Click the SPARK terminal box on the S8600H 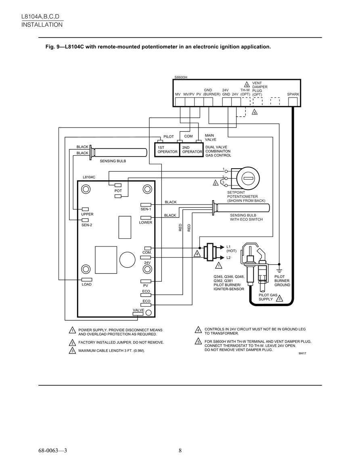pyautogui.click(x=293, y=102)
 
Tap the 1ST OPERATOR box pyautogui.click(x=167, y=150)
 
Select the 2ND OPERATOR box pyautogui.click(x=191, y=150)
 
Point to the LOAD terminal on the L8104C pyautogui.click(x=86, y=280)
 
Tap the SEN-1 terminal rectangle pyautogui.click(x=146, y=205)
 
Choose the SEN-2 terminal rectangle pyautogui.click(x=85, y=220)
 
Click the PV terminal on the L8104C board pyautogui.click(x=146, y=282)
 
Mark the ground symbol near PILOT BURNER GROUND pyautogui.click(x=279, y=270)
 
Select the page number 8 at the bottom pyautogui.click(x=180, y=451)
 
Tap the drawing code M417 pyautogui.click(x=302, y=353)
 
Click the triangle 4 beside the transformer pyautogui.click(x=197, y=254)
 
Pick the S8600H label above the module pyautogui.click(x=181, y=77)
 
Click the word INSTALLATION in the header pyautogui.click(x=42, y=25)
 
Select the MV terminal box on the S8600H pyautogui.click(x=180, y=102)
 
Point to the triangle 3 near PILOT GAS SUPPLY pyautogui.click(x=279, y=298)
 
